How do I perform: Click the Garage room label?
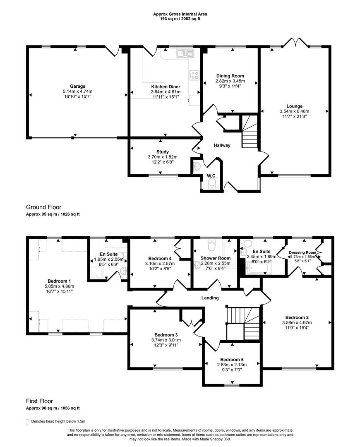77,87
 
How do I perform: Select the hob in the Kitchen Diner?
194,75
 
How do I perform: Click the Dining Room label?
230,76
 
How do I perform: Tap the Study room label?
162,151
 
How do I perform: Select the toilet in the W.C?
212,183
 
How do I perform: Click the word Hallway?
222,145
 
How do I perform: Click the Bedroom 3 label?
166,335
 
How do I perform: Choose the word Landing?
210,298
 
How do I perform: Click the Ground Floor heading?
43,207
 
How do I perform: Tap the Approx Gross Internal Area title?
180,14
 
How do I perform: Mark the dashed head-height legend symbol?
28,421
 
